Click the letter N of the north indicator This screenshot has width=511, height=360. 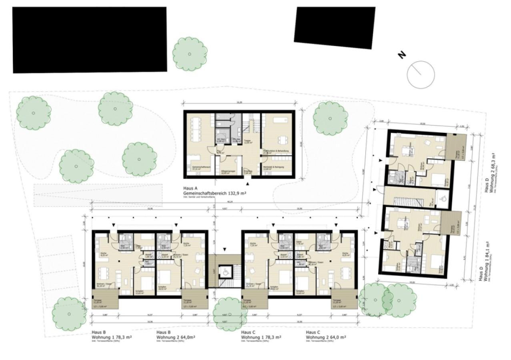coord(402,55)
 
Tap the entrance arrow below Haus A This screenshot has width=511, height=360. coord(248,183)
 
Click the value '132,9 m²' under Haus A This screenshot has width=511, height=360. coord(234,193)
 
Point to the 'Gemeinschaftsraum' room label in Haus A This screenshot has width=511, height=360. coord(196,168)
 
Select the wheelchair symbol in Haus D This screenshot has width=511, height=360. coord(443,197)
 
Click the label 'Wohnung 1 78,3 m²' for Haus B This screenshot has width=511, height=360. coord(112,337)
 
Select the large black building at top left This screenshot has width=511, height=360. coord(90,39)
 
